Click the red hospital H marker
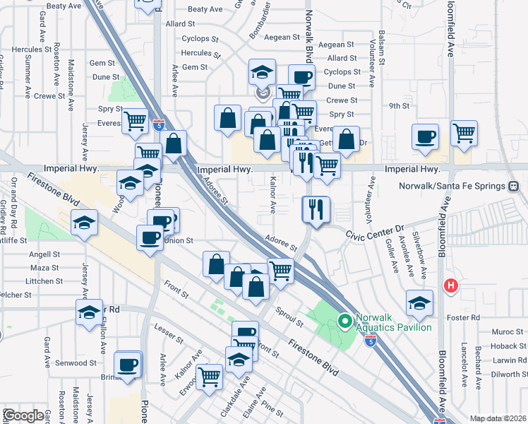click(x=450, y=286)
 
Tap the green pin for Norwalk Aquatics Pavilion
click(x=345, y=322)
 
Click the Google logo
click(x=23, y=416)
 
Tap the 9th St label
click(x=400, y=106)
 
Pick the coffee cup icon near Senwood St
click(x=128, y=365)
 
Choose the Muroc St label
click(x=508, y=331)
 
